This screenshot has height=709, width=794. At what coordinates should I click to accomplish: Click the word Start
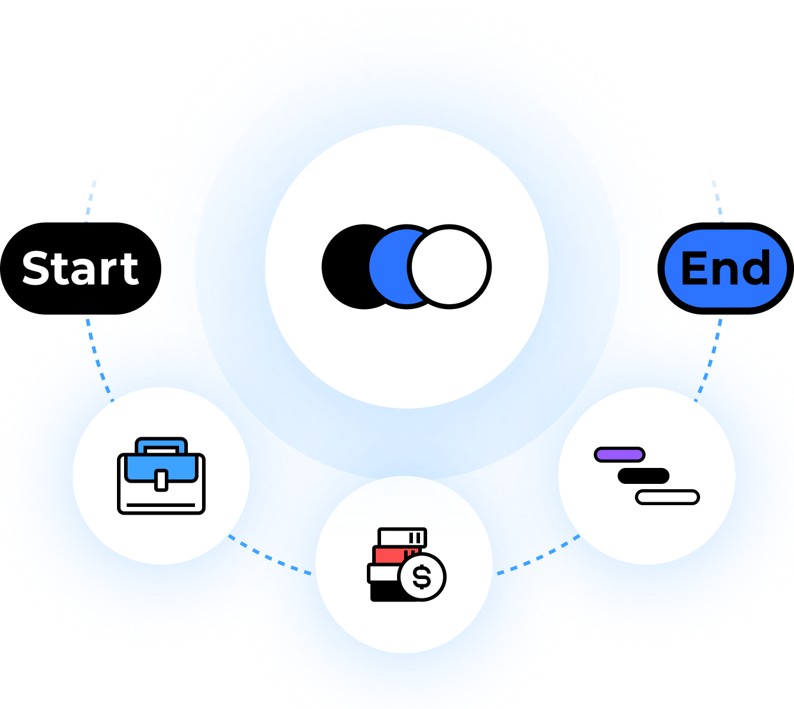[80, 269]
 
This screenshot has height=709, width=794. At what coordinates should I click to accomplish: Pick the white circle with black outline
[450, 266]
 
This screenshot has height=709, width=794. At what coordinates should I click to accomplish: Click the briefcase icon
[161, 476]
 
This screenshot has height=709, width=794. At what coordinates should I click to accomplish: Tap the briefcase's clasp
[161, 479]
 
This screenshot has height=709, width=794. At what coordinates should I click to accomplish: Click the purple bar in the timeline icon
[619, 454]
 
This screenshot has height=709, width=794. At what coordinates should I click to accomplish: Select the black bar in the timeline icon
[643, 476]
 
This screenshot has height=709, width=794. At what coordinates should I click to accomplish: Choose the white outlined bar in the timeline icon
[668, 497]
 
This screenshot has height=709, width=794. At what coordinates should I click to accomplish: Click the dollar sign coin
[422, 577]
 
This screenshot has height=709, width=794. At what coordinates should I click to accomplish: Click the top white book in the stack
[402, 537]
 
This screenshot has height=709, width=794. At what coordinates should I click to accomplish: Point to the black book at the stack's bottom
[384, 592]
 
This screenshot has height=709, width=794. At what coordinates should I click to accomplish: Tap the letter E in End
[694, 269]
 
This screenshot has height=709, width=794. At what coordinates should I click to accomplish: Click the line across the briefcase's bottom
[161, 505]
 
